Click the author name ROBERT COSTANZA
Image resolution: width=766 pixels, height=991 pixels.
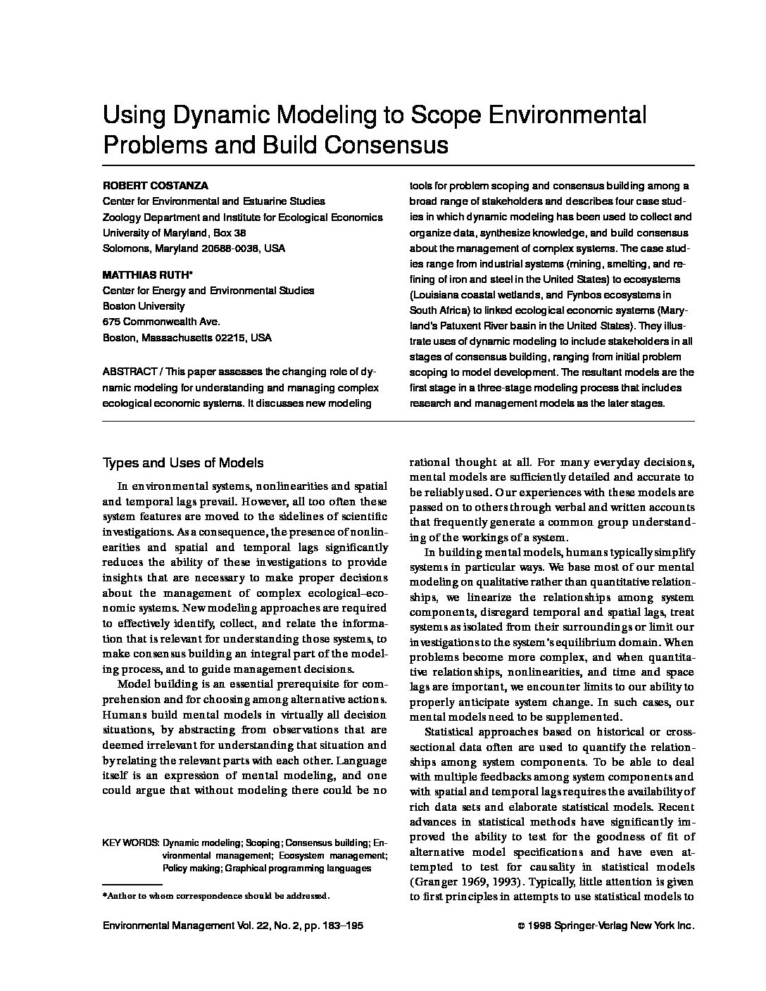pyautogui.click(x=156, y=186)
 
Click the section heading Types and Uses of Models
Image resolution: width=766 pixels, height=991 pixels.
pyautogui.click(x=183, y=462)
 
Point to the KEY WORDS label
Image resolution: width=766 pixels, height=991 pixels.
pyautogui.click(x=130, y=842)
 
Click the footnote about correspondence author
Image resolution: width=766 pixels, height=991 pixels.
pyautogui.click(x=216, y=897)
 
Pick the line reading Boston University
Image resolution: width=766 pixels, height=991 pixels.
pyautogui.click(x=144, y=306)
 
